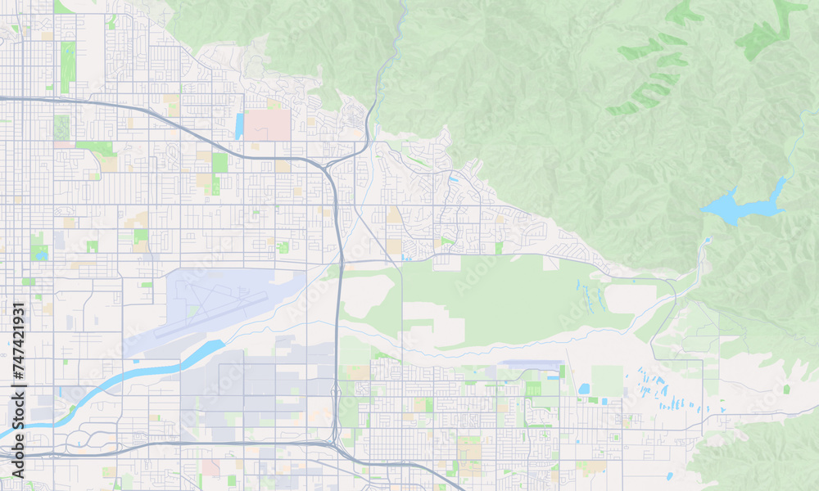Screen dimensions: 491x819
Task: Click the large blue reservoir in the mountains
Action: click(x=737, y=206)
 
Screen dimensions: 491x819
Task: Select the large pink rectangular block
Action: click(x=268, y=124)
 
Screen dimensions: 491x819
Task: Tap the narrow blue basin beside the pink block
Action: click(x=239, y=126)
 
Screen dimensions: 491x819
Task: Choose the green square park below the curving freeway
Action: click(x=219, y=162)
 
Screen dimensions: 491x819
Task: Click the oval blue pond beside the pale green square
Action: click(x=583, y=389)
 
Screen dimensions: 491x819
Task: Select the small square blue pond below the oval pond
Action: click(x=592, y=401)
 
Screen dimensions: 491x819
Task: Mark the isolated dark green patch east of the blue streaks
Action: click(x=786, y=389)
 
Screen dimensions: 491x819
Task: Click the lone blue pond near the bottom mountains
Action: click(x=669, y=475)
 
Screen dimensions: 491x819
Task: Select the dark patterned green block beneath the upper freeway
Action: click(x=61, y=126)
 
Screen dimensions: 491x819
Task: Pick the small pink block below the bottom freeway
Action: click(x=210, y=467)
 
